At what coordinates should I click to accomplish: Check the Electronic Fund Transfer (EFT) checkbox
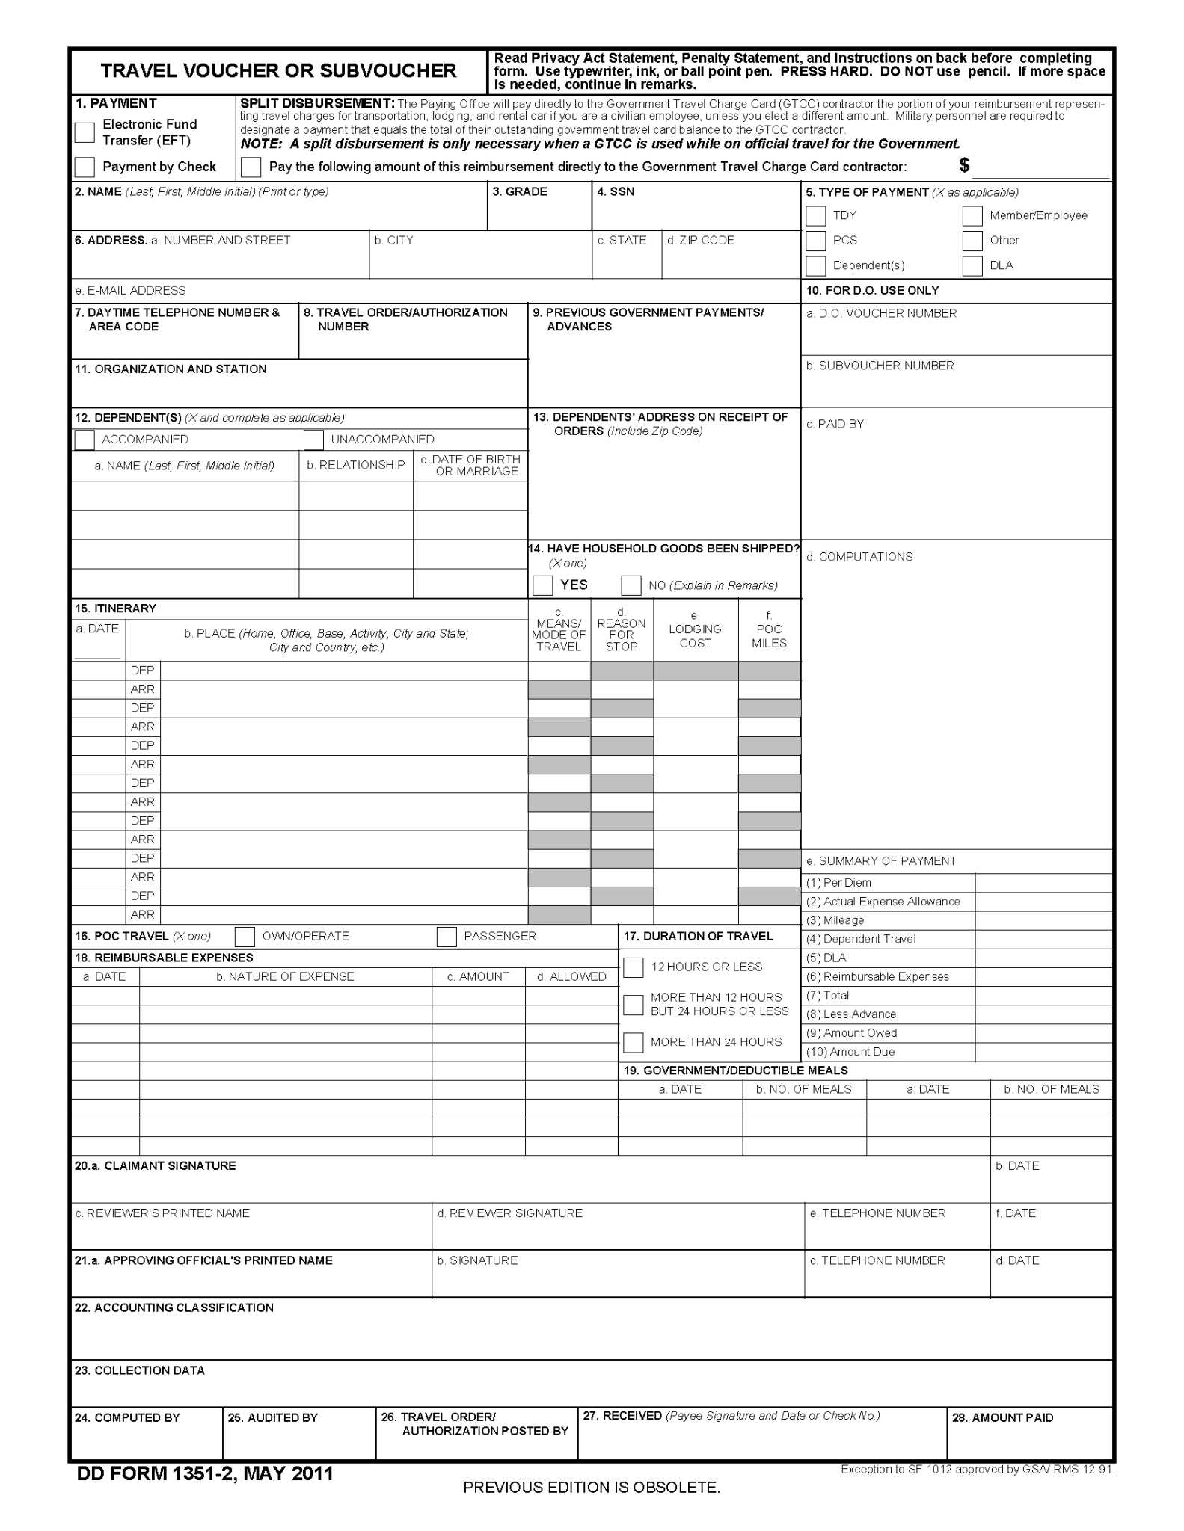pyautogui.click(x=85, y=132)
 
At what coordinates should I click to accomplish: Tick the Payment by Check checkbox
pyautogui.click(x=85, y=166)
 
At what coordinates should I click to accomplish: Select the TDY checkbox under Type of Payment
pyautogui.click(x=816, y=215)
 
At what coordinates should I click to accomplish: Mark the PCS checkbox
pyautogui.click(x=816, y=241)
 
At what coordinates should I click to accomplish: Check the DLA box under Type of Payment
pyautogui.click(x=972, y=266)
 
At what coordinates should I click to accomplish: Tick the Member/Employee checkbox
pyautogui.click(x=972, y=215)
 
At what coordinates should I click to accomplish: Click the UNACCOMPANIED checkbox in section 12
pyautogui.click(x=313, y=440)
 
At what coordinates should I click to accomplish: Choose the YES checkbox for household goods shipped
pyautogui.click(x=542, y=585)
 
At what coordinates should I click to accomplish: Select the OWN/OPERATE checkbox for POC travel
pyautogui.click(x=245, y=937)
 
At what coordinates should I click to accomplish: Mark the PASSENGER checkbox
pyautogui.click(x=447, y=937)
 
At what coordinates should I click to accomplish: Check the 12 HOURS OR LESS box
pyautogui.click(x=634, y=967)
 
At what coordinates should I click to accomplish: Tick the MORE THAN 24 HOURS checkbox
pyautogui.click(x=634, y=1042)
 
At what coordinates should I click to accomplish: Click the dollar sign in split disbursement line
pyautogui.click(x=964, y=166)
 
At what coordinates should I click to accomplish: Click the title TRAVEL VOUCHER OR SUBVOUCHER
pyautogui.click(x=278, y=71)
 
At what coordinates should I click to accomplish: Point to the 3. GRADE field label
pyautogui.click(x=520, y=192)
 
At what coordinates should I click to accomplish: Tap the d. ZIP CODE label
pyautogui.click(x=701, y=241)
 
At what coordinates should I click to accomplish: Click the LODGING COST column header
pyautogui.click(x=695, y=635)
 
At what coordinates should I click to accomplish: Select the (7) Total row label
pyautogui.click(x=828, y=996)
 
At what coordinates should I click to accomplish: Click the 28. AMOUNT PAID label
pyautogui.click(x=1002, y=1417)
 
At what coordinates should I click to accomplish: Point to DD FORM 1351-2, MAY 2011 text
pyautogui.click(x=205, y=1473)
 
